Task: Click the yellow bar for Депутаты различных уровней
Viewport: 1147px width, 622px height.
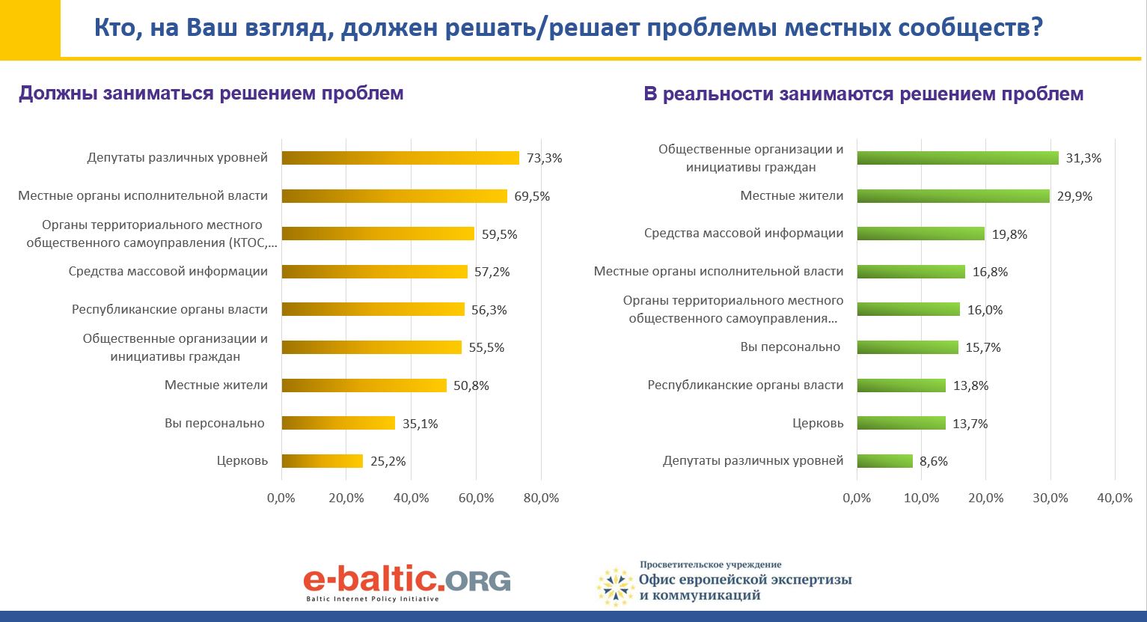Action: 400,158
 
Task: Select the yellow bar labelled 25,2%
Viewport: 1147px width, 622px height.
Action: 322,461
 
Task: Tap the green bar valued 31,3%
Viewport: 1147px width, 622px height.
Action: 958,158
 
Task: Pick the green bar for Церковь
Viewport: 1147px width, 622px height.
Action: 902,423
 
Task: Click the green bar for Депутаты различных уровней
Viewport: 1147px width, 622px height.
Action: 885,461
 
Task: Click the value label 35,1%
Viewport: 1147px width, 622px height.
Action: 420,424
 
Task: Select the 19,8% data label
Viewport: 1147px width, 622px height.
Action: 1009,234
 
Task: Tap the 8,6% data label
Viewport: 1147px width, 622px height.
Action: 933,462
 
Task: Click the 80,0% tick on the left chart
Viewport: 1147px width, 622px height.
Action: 541,498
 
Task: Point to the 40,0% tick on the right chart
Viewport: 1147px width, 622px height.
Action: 1115,498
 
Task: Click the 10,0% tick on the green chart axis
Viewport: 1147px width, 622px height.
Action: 921,498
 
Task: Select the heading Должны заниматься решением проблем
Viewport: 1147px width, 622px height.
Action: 211,94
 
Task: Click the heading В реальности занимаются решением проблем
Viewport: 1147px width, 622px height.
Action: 863,94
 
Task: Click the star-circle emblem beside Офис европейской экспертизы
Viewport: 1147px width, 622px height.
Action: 616,587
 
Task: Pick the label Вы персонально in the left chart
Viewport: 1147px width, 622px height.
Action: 215,423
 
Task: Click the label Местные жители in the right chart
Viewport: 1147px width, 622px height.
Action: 792,195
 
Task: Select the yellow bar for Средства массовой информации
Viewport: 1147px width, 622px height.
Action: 375,272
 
